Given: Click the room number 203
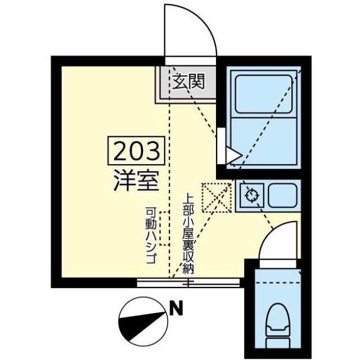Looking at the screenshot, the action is click(x=136, y=151).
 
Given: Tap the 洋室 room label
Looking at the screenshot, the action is click(x=136, y=181).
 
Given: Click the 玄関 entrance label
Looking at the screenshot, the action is click(x=188, y=82).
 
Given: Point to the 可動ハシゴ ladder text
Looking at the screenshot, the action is click(x=151, y=235).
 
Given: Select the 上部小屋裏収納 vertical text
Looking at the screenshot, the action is click(x=188, y=233).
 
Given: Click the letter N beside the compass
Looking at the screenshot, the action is click(x=176, y=308).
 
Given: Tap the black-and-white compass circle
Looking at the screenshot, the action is click(x=143, y=321).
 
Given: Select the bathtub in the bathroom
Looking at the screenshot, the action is click(x=264, y=94).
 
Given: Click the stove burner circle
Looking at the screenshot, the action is click(x=252, y=196).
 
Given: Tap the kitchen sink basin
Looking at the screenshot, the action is click(x=282, y=195).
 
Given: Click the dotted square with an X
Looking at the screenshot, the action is click(x=217, y=197).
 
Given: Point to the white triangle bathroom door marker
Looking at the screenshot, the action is click(x=232, y=155).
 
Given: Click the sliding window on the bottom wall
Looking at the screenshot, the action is click(x=188, y=282).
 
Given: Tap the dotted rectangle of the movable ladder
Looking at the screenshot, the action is click(x=165, y=229).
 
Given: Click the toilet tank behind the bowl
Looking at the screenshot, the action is click(x=278, y=344).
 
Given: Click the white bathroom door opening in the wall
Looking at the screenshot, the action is click(x=221, y=146).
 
